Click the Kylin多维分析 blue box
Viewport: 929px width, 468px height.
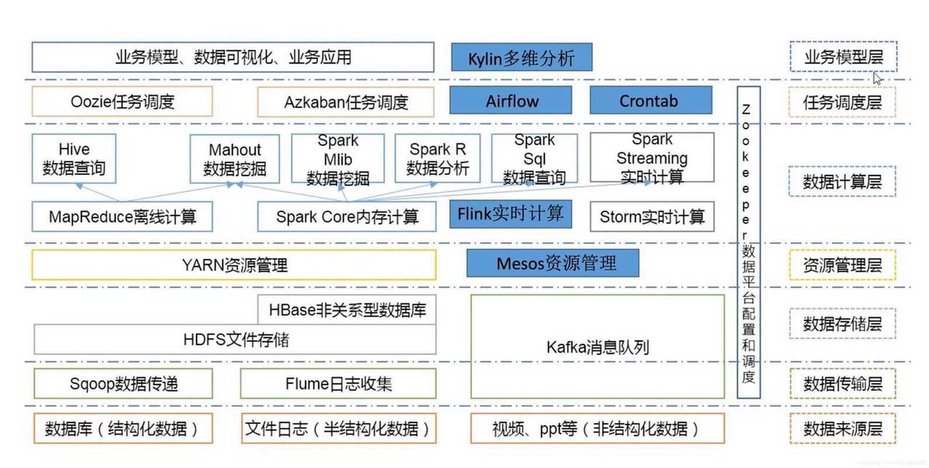click(x=521, y=57)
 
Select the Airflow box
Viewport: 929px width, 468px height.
click(x=511, y=101)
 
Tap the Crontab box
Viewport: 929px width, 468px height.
click(x=650, y=101)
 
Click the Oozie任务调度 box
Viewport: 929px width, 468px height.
click(x=122, y=102)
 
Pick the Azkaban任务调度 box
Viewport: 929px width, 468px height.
click(x=346, y=102)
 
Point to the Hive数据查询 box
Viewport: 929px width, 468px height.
click(x=74, y=159)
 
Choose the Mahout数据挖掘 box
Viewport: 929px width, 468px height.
click(x=235, y=159)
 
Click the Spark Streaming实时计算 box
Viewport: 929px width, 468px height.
click(x=652, y=157)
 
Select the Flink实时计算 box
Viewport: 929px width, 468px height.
click(x=510, y=214)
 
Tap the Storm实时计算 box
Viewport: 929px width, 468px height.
click(x=652, y=217)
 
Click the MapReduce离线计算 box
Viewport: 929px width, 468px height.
click(x=122, y=217)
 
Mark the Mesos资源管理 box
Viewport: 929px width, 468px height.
click(x=552, y=263)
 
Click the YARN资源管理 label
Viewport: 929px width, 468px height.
click(x=234, y=266)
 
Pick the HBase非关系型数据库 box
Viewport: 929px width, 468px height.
click(x=347, y=309)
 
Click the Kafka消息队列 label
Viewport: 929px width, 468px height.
click(x=597, y=347)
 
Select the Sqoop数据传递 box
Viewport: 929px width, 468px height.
click(x=123, y=384)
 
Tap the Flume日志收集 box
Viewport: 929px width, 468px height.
click(x=338, y=384)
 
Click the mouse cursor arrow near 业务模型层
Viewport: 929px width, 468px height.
click(x=877, y=78)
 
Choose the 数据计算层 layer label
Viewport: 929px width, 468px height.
click(x=841, y=182)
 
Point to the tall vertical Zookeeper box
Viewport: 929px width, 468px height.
click(x=748, y=242)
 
